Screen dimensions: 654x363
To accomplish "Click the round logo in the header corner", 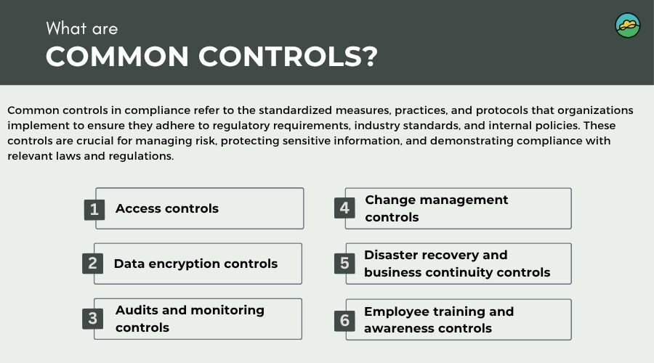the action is (x=628, y=25).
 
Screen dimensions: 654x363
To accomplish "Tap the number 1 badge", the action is (x=94, y=209).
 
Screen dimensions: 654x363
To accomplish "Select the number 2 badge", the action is (x=92, y=264).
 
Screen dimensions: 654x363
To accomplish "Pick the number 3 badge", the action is (x=92, y=319).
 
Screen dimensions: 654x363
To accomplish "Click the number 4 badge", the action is (x=344, y=208).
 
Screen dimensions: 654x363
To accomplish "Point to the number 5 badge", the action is (x=344, y=264).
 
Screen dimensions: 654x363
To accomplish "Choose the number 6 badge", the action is (x=344, y=320).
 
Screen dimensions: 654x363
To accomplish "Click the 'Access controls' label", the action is (x=167, y=208).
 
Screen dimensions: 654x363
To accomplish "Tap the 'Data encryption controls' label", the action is (x=195, y=264).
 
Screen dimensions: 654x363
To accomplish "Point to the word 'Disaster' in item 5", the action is (x=392, y=255).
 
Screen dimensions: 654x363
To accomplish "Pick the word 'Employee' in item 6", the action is (x=397, y=311).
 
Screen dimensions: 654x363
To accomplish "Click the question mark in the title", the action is (x=368, y=56).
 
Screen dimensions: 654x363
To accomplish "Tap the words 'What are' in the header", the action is (x=81, y=29).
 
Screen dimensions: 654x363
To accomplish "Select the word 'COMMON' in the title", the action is (x=117, y=56).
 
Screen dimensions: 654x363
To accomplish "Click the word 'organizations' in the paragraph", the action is (x=595, y=110).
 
